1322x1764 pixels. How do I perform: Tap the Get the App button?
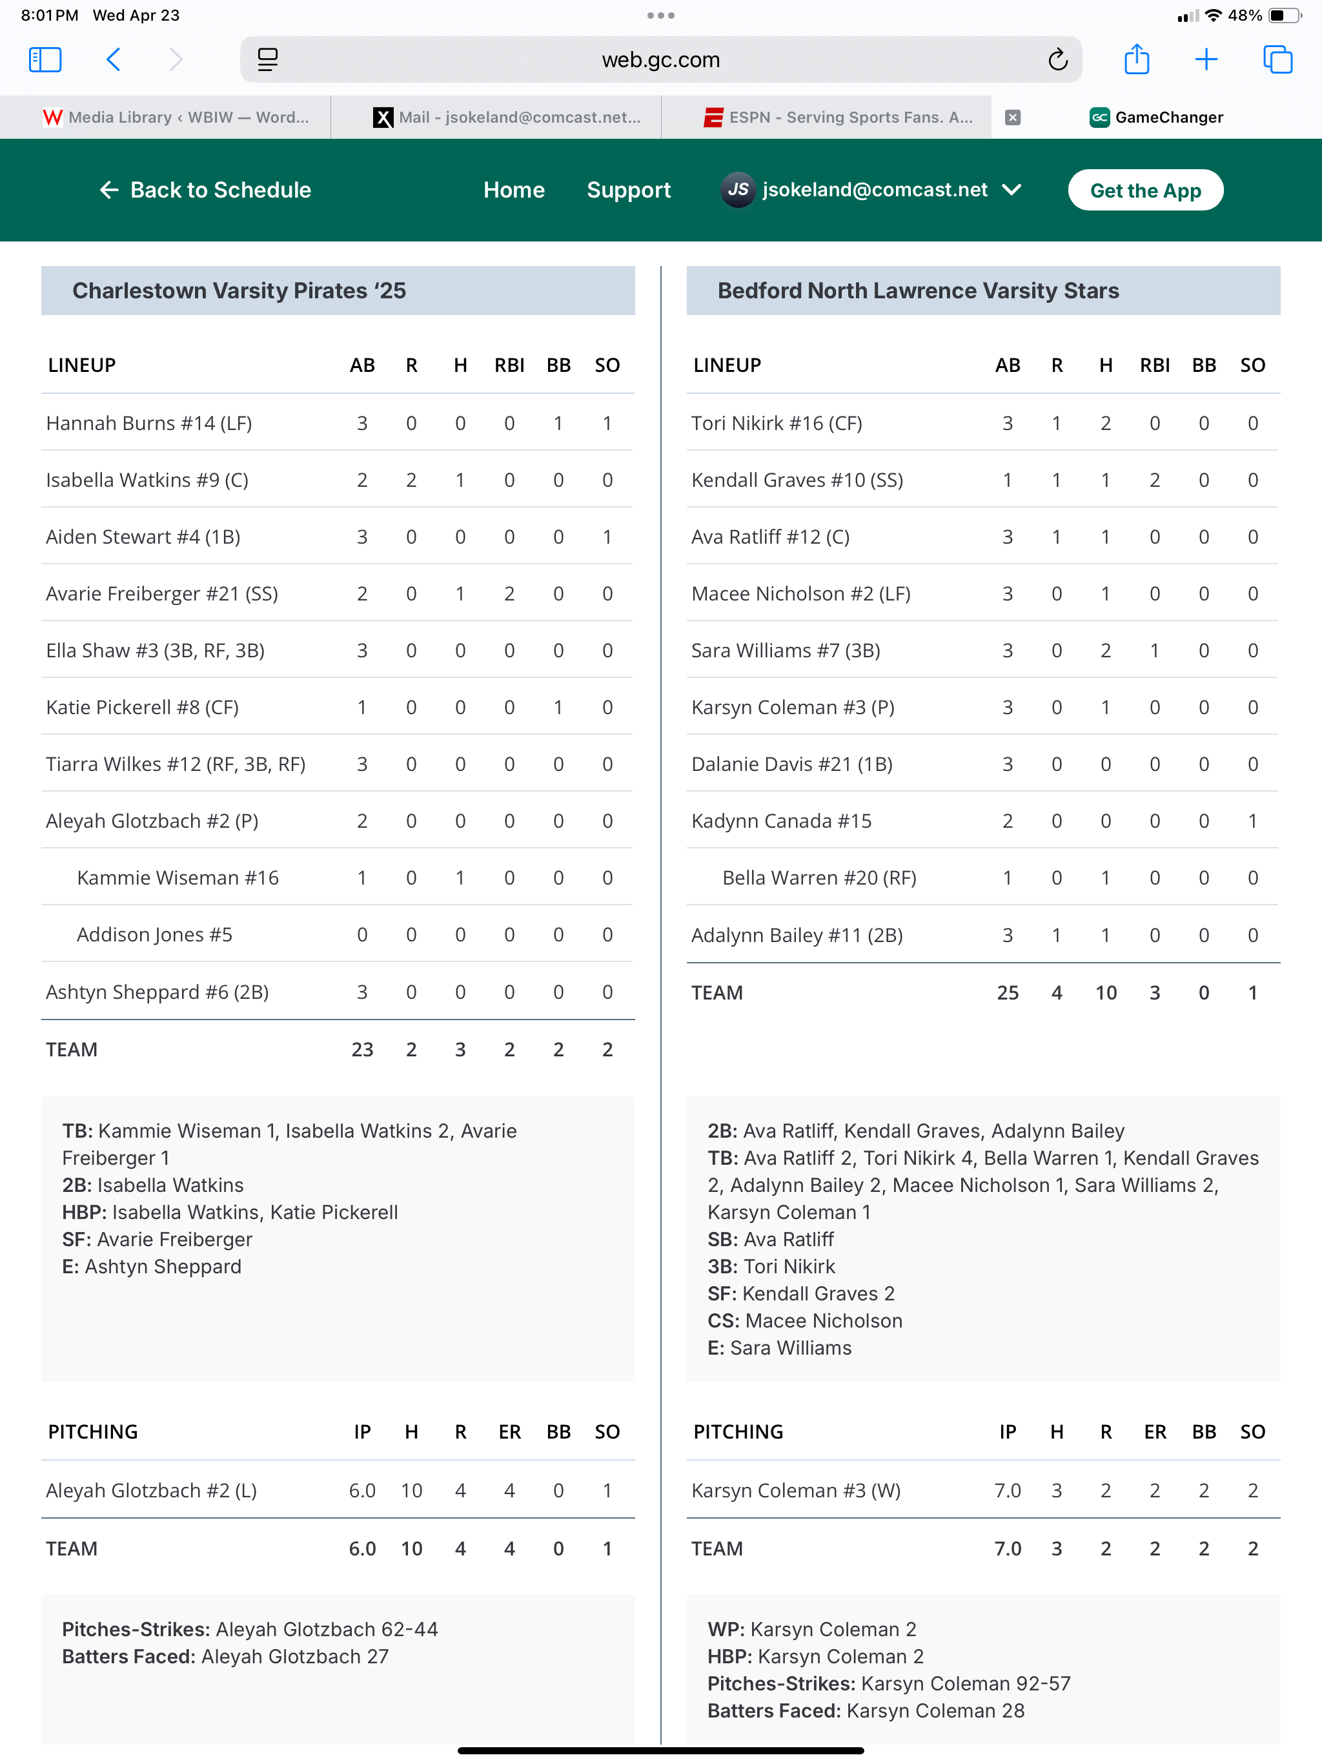coord(1145,190)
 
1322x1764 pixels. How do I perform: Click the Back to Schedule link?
coord(206,190)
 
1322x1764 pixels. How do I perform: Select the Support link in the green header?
coord(628,190)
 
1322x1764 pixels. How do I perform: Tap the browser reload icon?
coord(1057,60)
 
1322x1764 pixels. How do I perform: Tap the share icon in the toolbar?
coord(1136,60)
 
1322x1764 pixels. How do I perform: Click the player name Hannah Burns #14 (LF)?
coord(149,423)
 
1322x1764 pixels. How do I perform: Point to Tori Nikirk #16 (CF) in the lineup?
coord(777,423)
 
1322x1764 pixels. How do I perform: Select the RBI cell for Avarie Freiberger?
coord(509,593)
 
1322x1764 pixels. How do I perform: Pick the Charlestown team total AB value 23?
coord(362,1049)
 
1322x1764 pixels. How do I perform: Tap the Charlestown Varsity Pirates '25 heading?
coord(239,291)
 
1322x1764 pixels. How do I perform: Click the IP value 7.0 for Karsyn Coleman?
coord(1007,1490)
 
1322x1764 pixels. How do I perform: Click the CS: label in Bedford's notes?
coord(723,1320)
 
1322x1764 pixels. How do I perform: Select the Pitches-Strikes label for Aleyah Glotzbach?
coord(136,1629)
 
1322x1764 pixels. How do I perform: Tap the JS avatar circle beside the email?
coord(738,190)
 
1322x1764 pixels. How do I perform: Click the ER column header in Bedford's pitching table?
coord(1155,1431)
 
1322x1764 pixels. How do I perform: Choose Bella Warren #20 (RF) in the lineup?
coord(819,878)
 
